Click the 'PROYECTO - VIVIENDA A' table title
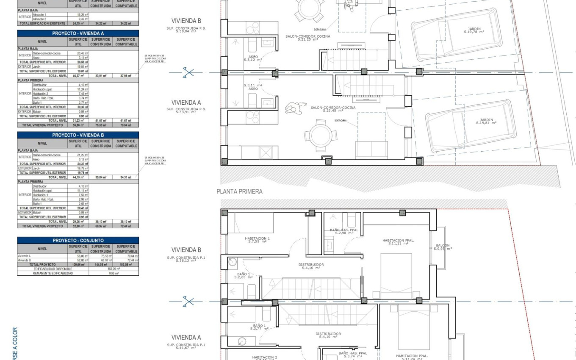pos(78,33)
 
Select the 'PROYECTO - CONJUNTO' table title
pos(78,240)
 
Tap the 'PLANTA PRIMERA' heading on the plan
pos(239,191)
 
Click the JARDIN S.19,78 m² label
pos(474,30)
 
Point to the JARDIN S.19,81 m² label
pos(486,121)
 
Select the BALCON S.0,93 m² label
pos(443,247)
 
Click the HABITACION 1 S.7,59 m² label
pos(257,240)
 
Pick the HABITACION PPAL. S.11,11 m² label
pos(398,242)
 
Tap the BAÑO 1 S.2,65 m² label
pos(244,276)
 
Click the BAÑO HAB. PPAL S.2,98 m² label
pos(344,231)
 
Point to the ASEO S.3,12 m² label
pos(254,58)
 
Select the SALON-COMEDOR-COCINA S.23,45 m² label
pos(333,109)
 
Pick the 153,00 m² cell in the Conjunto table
pos(114,269)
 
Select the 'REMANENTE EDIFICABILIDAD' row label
pos(53,273)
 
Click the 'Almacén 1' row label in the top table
pos(39,15)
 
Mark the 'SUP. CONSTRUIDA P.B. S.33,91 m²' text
pos(186,111)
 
